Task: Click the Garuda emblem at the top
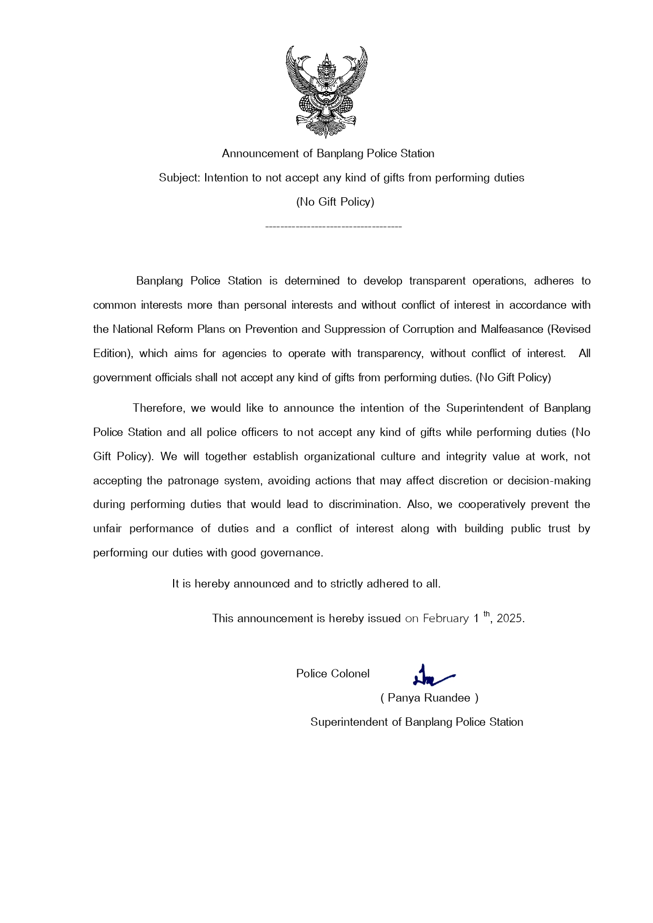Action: click(x=326, y=92)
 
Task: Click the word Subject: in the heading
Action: click(x=179, y=178)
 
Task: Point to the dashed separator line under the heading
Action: click(x=333, y=227)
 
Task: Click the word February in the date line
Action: click(x=445, y=618)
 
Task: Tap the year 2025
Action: click(x=509, y=618)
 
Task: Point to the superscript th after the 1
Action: click(x=487, y=614)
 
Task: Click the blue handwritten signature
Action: click(x=431, y=676)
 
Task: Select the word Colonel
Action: click(x=350, y=674)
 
